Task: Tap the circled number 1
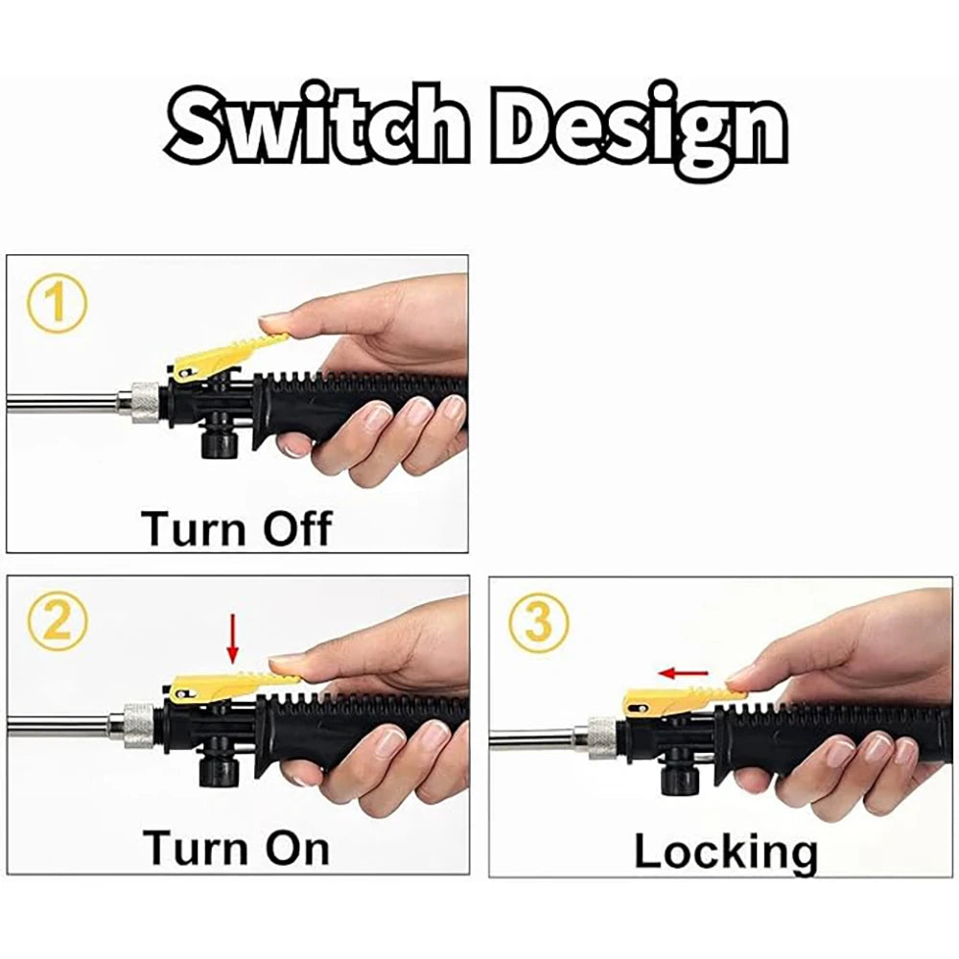58,304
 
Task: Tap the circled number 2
58,623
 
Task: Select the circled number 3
539,622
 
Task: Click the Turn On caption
237,848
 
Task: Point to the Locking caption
725,851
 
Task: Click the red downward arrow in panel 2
232,639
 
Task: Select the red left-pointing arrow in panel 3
683,673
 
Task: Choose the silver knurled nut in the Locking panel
602,738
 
